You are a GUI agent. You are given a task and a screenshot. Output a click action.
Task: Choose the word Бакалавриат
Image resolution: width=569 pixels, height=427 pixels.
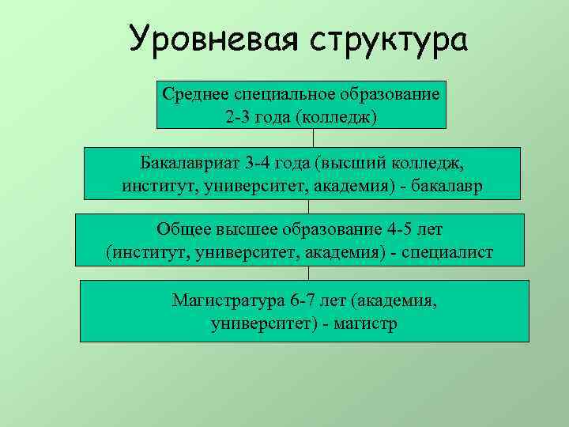(x=190, y=164)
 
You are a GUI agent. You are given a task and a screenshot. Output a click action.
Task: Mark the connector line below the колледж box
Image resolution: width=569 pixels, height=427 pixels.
(x=313, y=138)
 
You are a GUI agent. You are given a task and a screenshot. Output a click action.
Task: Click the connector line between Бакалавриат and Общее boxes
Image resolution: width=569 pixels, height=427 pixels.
(x=309, y=206)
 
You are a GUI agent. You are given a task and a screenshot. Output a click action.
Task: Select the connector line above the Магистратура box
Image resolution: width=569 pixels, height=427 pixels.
(x=309, y=273)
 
